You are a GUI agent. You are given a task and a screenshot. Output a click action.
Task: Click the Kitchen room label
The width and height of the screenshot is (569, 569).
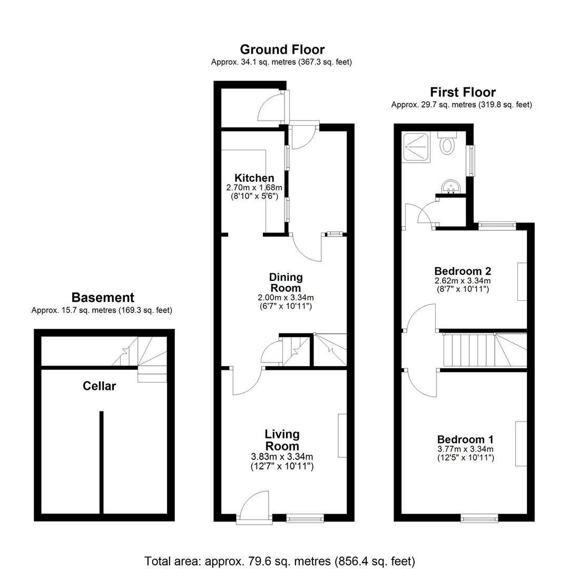coord(254,178)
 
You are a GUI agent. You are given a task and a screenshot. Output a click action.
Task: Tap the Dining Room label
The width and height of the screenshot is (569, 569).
coord(286,282)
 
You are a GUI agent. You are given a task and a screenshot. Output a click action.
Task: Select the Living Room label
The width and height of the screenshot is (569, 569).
coord(282,440)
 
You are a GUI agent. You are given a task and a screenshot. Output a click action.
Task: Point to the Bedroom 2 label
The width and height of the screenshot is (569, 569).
coord(463,271)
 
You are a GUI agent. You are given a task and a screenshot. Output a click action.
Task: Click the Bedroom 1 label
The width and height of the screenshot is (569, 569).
coord(465,439)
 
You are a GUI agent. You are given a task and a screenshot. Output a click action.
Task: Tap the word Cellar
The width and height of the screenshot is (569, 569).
coord(99,386)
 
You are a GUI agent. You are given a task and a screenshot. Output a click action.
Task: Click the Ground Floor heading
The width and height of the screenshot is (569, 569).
coord(282,50)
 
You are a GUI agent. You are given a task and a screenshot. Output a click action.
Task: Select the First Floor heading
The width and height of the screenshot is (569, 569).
coord(463,92)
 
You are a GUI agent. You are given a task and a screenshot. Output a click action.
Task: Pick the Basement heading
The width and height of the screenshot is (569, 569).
coord(103,298)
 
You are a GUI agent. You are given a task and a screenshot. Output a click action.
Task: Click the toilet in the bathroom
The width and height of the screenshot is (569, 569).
coord(447,143)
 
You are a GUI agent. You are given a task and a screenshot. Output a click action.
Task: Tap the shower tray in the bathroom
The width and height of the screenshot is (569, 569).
coord(416,147)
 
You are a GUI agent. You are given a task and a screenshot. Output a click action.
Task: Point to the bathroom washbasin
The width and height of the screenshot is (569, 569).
coord(451,187)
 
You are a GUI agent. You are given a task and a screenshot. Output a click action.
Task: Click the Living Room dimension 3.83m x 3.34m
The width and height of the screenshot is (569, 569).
coord(282,457)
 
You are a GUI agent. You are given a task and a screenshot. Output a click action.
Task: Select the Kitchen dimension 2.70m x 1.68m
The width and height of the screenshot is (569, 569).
coord(254,188)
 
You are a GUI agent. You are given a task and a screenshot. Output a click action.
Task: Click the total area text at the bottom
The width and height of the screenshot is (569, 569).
coord(279,561)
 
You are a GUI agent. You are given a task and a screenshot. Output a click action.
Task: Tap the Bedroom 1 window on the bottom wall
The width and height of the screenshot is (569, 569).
coord(479,518)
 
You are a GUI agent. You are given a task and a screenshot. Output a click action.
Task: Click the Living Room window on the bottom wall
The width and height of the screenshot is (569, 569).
coord(305,518)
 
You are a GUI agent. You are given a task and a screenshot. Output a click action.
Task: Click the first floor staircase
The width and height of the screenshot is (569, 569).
coord(485,350)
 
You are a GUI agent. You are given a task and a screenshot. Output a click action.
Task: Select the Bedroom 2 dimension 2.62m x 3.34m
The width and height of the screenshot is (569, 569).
coord(463,280)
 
